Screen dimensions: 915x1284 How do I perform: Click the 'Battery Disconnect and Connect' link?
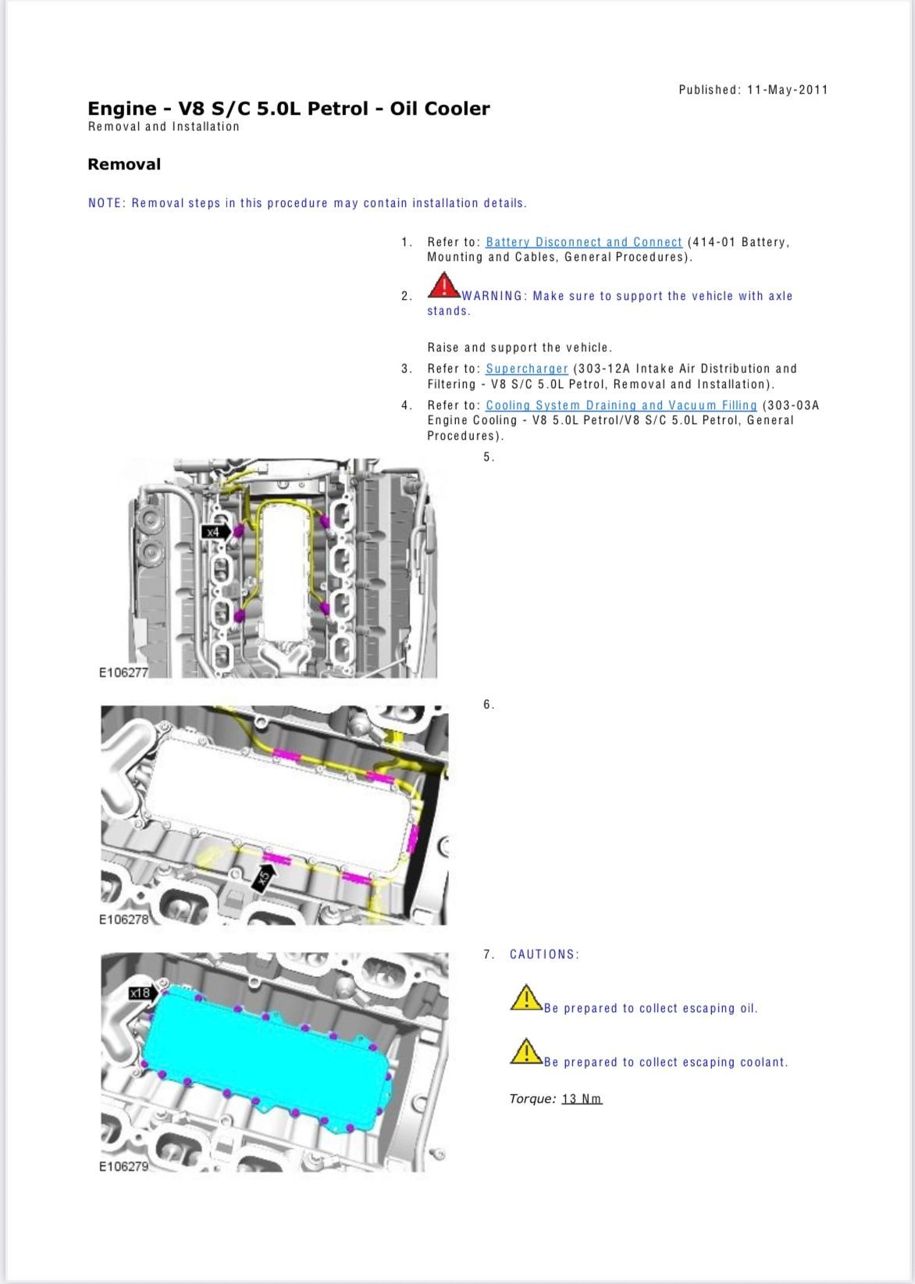[x=584, y=242]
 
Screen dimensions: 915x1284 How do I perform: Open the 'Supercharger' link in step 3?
[x=526, y=369]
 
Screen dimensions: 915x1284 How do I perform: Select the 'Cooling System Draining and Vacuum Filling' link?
[x=621, y=405]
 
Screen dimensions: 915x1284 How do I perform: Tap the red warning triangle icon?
[x=443, y=285]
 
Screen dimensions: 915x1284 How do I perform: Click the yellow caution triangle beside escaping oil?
[x=526, y=998]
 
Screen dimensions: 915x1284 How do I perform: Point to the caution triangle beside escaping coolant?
[x=526, y=1051]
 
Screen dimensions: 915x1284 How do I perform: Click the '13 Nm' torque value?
[x=582, y=1099]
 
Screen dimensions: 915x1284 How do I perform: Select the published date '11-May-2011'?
[x=787, y=89]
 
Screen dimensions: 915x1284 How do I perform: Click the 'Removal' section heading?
[x=124, y=165]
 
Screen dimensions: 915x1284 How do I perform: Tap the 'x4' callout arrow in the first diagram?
[x=216, y=532]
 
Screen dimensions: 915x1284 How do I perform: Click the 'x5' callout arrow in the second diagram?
[x=264, y=877]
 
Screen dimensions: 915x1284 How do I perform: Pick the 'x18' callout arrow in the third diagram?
[x=143, y=992]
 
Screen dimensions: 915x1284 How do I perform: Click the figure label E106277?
[x=123, y=672]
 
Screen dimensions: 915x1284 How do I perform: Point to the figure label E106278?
[x=123, y=919]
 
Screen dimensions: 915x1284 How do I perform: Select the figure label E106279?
[x=123, y=1167]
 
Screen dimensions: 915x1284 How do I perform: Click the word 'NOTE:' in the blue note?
[x=107, y=203]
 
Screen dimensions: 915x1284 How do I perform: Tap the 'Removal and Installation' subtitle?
[x=163, y=127]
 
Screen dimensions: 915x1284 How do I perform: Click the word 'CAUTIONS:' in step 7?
[x=544, y=954]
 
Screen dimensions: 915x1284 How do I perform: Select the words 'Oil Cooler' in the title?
[x=440, y=109]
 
